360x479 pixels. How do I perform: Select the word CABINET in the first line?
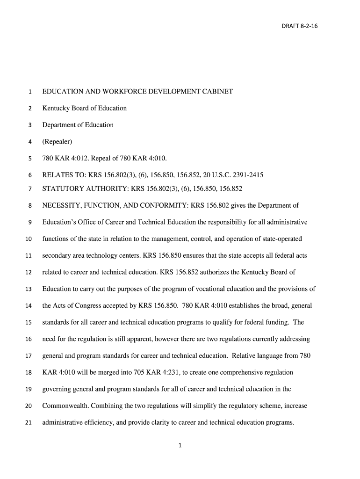pos(216,91)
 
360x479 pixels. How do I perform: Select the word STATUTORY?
pos(61,189)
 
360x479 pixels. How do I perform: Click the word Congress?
pos(95,306)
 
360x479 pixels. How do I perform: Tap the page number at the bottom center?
pos(180,446)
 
